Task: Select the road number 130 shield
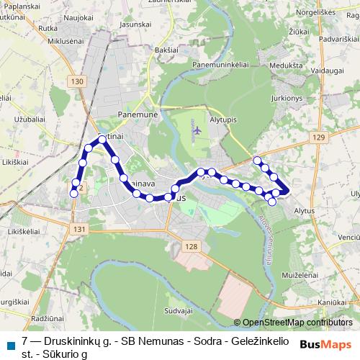pos(78,82)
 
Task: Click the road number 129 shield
pos(320,138)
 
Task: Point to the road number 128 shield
pos(190,247)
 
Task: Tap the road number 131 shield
pos(79,229)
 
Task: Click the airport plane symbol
pos(197,130)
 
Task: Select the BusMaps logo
pos(325,344)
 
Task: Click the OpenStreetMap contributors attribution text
pos(297,322)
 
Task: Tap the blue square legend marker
pos(10,345)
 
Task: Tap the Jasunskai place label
pos(135,24)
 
